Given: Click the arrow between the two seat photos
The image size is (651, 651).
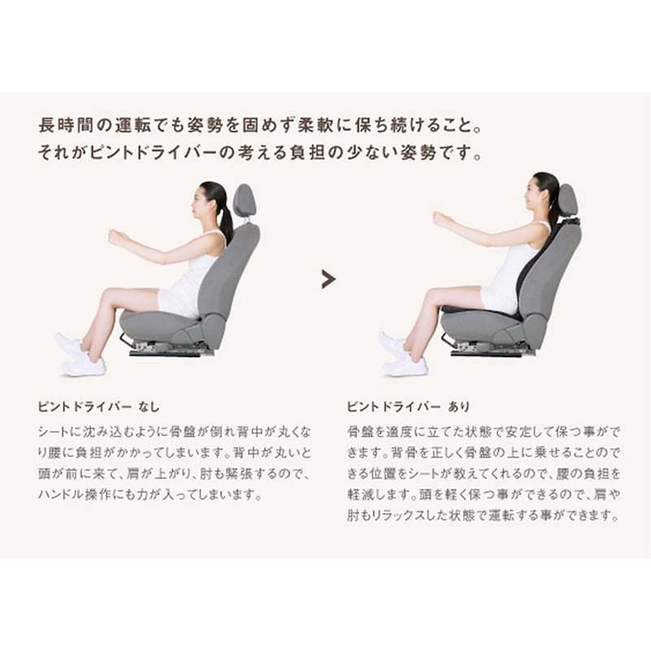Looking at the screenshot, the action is pyautogui.click(x=328, y=279).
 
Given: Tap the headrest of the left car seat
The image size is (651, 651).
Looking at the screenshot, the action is pyautogui.click(x=243, y=201).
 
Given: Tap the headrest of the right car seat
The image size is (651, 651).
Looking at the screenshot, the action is pyautogui.click(x=567, y=200).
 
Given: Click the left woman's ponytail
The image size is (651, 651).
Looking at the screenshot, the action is pyautogui.click(x=225, y=220).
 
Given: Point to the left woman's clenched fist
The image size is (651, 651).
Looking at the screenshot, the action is pyautogui.click(x=116, y=237).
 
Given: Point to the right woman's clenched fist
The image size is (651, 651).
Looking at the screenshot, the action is pyautogui.click(x=440, y=219).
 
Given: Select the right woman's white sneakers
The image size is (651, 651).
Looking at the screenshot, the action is pyautogui.click(x=403, y=355).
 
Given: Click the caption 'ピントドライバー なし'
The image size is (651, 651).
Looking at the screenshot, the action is pyautogui.click(x=98, y=407).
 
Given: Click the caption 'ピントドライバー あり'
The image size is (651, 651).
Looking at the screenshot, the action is pyautogui.click(x=409, y=407).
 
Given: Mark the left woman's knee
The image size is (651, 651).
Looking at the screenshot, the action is pyautogui.click(x=109, y=295).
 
